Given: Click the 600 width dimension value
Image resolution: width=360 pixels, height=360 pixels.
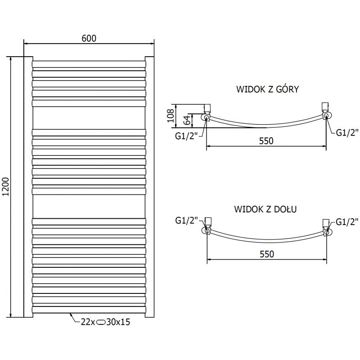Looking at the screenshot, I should click(x=89, y=39).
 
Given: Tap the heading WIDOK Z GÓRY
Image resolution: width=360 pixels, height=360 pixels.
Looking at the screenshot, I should click(x=267, y=89).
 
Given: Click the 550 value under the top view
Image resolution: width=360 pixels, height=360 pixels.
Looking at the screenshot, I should click(x=266, y=141).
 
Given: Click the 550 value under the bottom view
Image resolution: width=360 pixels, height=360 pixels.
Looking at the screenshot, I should click(x=266, y=254).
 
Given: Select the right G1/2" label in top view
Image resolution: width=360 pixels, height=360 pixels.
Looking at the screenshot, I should click(x=347, y=132).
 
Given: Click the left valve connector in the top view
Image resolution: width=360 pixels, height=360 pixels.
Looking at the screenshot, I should click(x=207, y=108).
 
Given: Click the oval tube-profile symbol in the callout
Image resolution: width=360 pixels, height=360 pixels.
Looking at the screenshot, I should click(x=101, y=322).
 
